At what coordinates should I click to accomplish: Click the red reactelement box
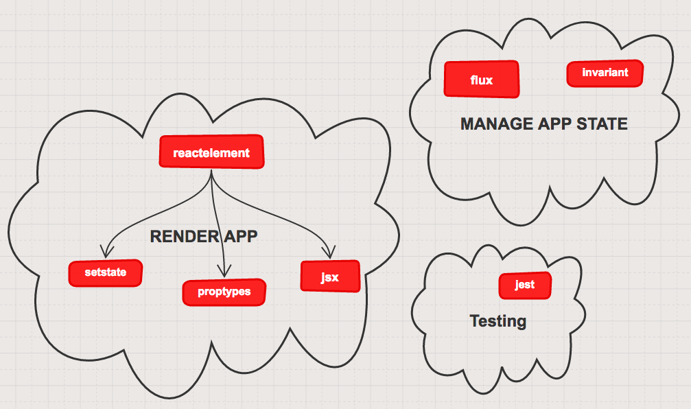click(211, 152)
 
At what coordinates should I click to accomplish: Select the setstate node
click(106, 272)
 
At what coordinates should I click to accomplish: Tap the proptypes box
click(224, 292)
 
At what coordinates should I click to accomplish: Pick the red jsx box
click(330, 277)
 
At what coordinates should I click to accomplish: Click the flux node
click(482, 80)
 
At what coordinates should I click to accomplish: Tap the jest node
click(525, 285)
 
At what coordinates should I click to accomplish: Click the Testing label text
click(498, 321)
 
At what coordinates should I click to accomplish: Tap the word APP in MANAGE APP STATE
click(555, 124)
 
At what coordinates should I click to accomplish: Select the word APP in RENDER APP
click(239, 237)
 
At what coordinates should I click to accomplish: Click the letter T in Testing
click(474, 320)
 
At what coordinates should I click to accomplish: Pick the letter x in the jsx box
click(336, 278)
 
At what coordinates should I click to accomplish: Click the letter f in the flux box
click(473, 80)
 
